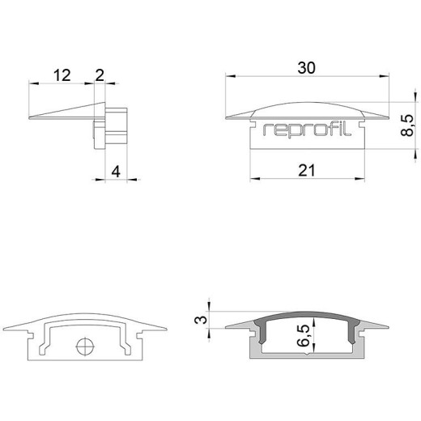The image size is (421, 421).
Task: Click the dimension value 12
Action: [x=62, y=75]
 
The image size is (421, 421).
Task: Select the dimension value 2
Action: [x=100, y=75]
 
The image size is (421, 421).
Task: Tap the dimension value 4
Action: [x=116, y=172]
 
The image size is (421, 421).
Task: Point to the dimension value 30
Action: [x=306, y=68]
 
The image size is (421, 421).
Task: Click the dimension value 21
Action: [x=307, y=171]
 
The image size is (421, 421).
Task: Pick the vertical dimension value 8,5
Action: [x=407, y=125]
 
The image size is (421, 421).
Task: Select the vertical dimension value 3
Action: [x=201, y=320]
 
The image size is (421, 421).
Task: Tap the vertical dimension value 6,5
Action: [x=303, y=335]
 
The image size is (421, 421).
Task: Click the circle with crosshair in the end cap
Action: [x=85, y=346]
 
